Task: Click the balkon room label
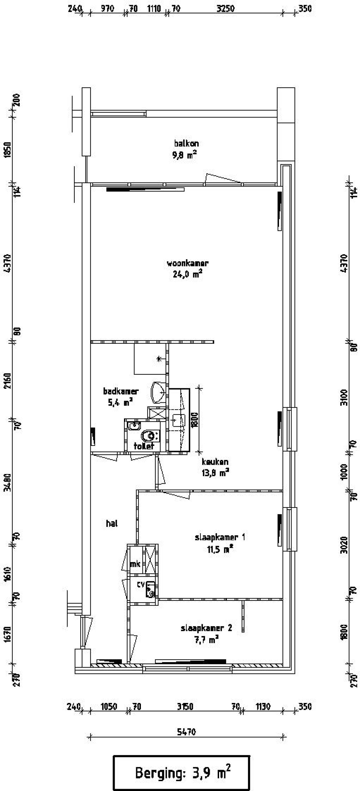click(x=186, y=143)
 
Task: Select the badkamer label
click(x=121, y=391)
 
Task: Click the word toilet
click(x=144, y=446)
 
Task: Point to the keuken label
click(x=215, y=462)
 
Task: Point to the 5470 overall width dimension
click(x=186, y=732)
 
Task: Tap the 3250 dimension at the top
click(x=225, y=9)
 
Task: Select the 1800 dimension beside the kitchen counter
click(x=195, y=419)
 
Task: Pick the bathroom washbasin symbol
click(x=158, y=392)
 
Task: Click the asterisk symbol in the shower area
click(x=159, y=358)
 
